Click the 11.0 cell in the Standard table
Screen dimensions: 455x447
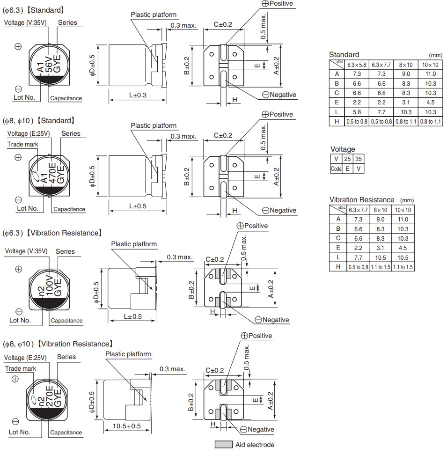pyautogui.click(x=430, y=74)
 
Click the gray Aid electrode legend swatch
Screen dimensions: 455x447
pyautogui.click(x=223, y=444)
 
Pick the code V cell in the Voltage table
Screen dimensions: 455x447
pyautogui.click(x=359, y=169)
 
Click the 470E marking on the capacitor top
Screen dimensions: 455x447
pyautogui.click(x=52, y=173)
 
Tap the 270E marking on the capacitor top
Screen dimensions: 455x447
pyautogui.click(x=49, y=395)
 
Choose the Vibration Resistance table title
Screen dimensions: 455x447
pyautogui.click(x=361, y=200)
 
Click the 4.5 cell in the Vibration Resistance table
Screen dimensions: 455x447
pyautogui.click(x=403, y=248)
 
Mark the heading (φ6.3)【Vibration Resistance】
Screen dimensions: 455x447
pyautogui.click(x=52, y=233)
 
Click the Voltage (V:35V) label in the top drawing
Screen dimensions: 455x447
pyautogui.click(x=26, y=22)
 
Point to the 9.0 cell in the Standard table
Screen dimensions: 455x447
pyautogui.click(x=405, y=74)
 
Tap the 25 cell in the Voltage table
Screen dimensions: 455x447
pyautogui.click(x=347, y=159)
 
